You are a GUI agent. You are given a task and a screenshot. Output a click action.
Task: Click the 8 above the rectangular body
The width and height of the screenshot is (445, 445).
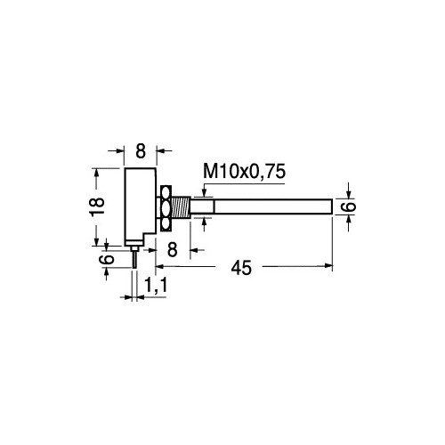[x=140, y=150]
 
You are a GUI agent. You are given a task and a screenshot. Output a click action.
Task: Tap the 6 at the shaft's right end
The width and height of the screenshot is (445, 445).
[x=349, y=206]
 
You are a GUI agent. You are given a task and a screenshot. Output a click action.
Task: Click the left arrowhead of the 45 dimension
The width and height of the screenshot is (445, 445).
[x=160, y=265]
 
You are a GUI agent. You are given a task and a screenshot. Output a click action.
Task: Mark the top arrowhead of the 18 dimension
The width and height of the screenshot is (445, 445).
[x=97, y=170]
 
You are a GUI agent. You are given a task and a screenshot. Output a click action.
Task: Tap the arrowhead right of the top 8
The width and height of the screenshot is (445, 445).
[x=160, y=150]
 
